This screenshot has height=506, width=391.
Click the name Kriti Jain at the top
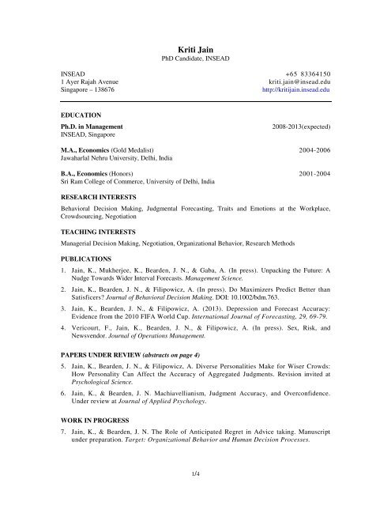[x=195, y=49]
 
